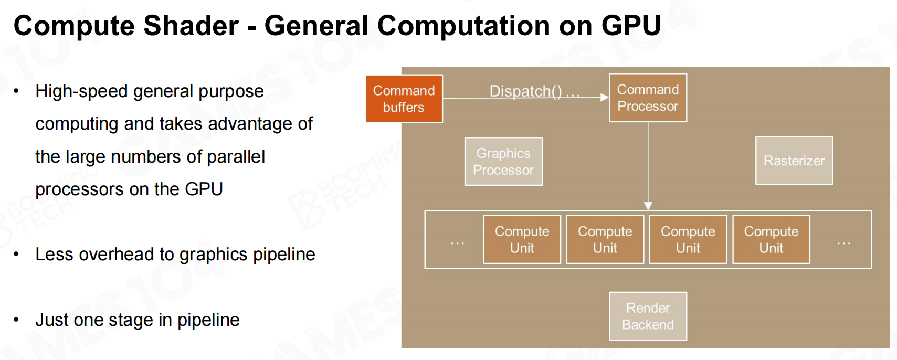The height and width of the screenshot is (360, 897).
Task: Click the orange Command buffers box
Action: pos(405,99)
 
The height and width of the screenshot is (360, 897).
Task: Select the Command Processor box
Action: pos(648,98)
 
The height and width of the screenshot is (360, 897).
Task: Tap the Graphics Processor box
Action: pos(503,162)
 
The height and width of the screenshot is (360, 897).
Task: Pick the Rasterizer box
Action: pos(794,161)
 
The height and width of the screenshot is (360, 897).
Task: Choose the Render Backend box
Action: pos(648,316)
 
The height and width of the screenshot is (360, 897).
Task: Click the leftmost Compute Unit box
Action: pos(522,239)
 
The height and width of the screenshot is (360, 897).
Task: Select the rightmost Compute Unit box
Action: pos(771,239)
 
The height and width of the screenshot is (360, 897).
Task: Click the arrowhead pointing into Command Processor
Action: pos(604,97)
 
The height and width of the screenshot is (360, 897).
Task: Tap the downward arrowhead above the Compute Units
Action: pos(648,206)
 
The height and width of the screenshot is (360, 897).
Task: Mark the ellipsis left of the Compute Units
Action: pos(457,242)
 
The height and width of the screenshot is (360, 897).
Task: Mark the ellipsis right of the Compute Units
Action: pos(844,242)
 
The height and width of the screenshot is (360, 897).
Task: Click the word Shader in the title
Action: pos(191,26)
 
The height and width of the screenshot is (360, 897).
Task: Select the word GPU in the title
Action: pos(631,26)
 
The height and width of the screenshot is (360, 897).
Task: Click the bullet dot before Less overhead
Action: pos(16,255)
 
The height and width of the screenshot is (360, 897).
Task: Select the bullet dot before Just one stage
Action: pos(16,320)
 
